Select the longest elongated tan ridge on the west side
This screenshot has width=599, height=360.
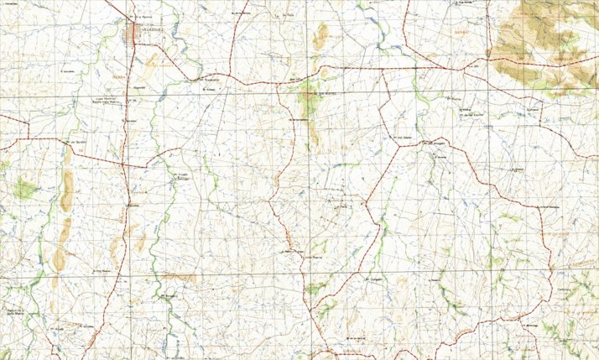65,189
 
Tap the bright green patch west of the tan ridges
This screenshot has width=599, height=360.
23,190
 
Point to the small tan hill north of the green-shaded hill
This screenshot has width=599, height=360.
320,36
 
